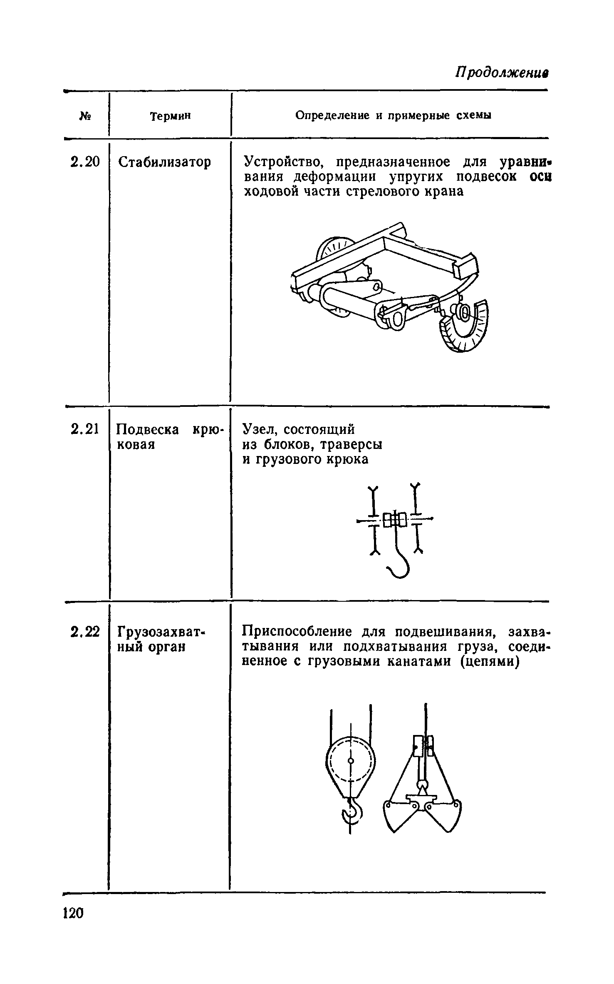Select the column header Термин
coord(170,116)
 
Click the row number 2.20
coord(85,162)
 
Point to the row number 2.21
coord(85,428)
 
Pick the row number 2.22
coord(85,632)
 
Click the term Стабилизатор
coord(164,162)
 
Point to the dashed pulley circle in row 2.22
coord(351,760)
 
